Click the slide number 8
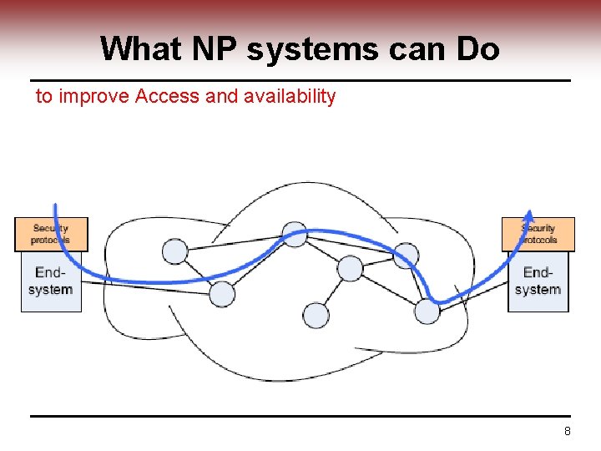(x=568, y=432)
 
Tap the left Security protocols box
(x=51, y=234)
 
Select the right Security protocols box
(x=538, y=234)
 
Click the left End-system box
(x=51, y=281)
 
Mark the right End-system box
(x=538, y=281)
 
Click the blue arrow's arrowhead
(x=529, y=215)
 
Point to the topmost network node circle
(x=295, y=235)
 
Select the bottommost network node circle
(x=316, y=315)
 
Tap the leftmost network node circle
(x=174, y=251)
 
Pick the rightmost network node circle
(x=427, y=312)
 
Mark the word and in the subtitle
(x=221, y=96)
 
